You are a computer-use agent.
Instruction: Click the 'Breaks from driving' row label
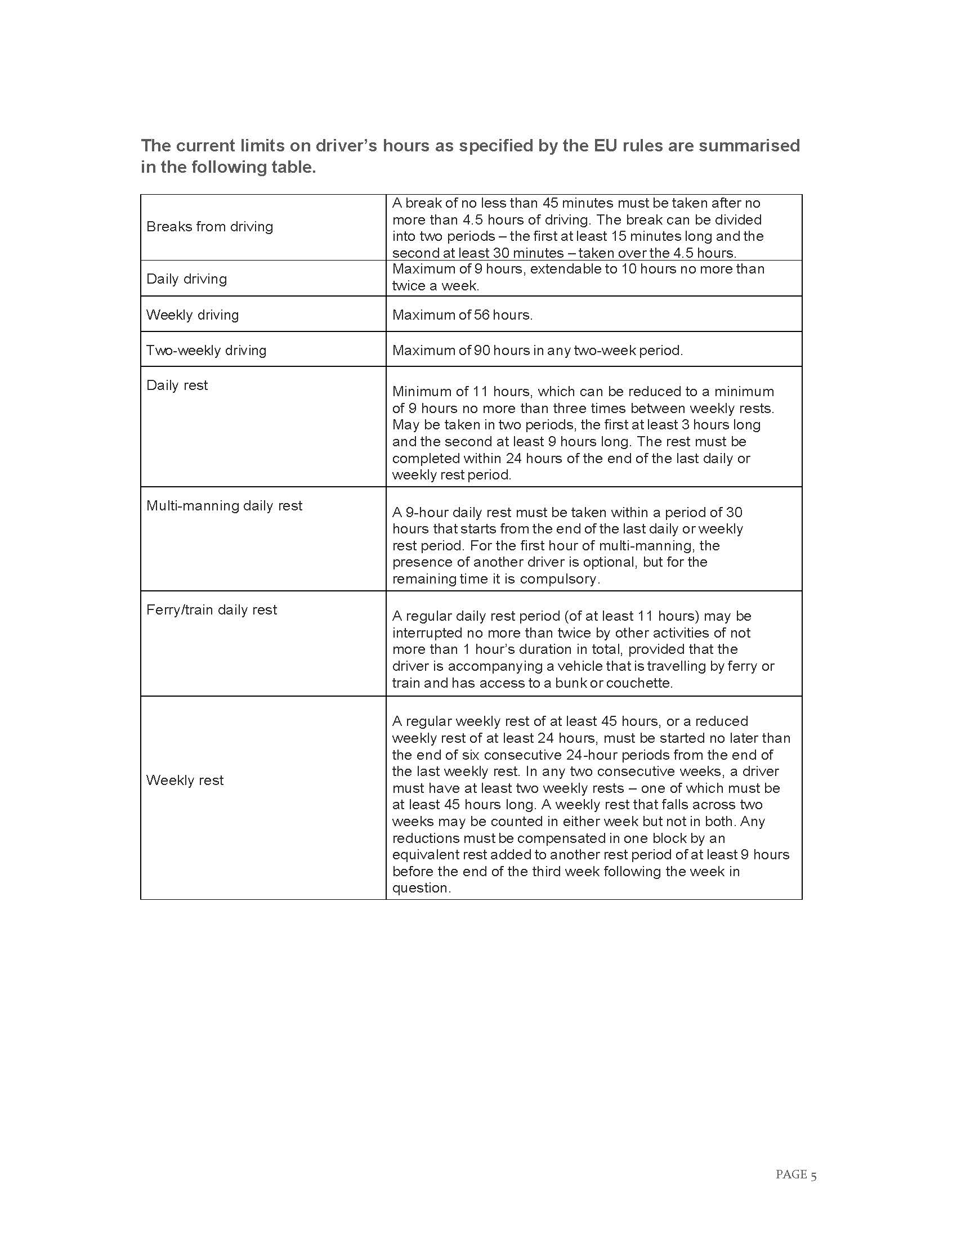[x=209, y=227]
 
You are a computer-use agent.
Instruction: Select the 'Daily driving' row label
[x=186, y=279]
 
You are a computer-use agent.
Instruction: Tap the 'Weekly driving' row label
[x=192, y=315]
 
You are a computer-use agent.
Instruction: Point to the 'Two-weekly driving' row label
[x=206, y=351]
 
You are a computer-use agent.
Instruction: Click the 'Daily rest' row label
[x=177, y=385]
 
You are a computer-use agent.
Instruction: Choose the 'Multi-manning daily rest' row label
[x=224, y=506]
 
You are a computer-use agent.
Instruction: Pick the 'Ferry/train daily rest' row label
[x=212, y=610]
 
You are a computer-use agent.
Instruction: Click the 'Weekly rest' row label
[x=185, y=781]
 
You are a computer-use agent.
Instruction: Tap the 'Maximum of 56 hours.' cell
[x=462, y=315]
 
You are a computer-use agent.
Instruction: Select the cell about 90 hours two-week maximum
[x=537, y=351]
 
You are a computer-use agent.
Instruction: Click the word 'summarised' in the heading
[x=749, y=146]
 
